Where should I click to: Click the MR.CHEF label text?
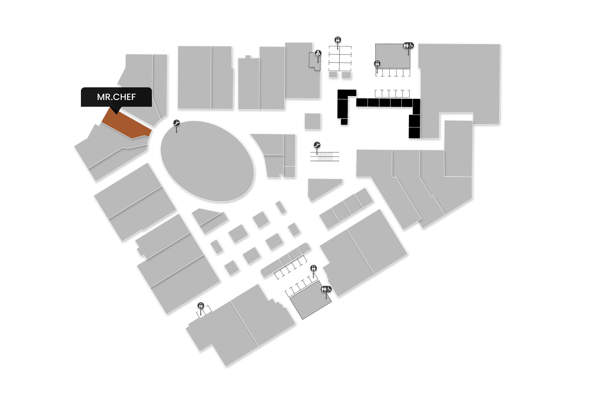[116, 97]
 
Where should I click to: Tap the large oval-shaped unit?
[207, 161]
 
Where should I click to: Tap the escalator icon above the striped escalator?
[317, 145]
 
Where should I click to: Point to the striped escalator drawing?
[325, 156]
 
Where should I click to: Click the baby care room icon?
[318, 53]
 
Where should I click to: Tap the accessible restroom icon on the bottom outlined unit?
[326, 289]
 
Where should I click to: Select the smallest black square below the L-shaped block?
[344, 121]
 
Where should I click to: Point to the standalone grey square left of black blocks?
[313, 121]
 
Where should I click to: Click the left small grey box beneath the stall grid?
[333, 75]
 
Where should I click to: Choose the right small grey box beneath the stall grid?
[346, 75]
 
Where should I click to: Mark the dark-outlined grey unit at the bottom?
[311, 301]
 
